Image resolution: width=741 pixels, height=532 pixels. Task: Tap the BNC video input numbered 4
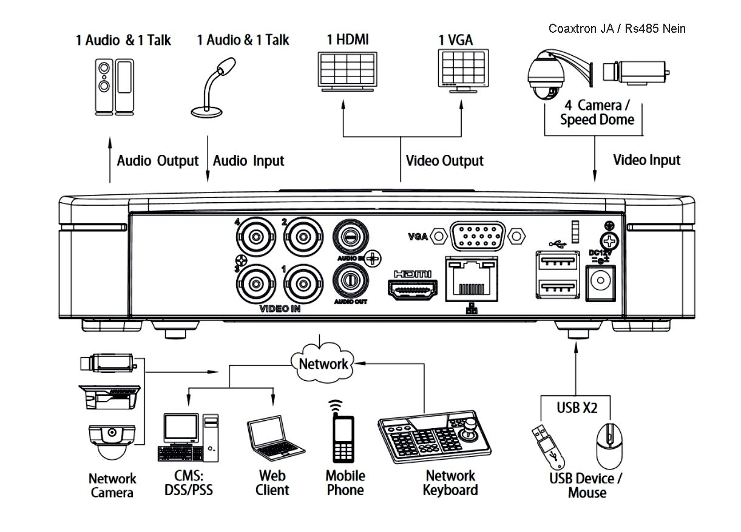pyautogui.click(x=257, y=234)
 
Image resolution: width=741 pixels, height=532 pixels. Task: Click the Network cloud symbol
pyautogui.click(x=323, y=363)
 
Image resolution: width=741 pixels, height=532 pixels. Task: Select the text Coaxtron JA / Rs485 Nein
pyautogui.click(x=617, y=29)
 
